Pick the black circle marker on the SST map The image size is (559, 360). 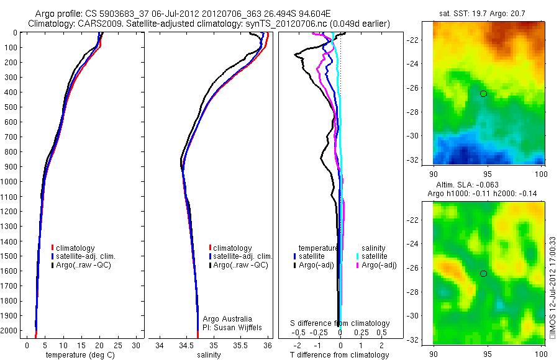[x=483, y=93]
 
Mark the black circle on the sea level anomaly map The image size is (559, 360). [x=483, y=273]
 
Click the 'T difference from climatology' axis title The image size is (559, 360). [x=339, y=355]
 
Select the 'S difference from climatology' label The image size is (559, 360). [x=340, y=323]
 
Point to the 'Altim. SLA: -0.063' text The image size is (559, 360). [x=488, y=185]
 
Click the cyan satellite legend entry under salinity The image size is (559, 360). [x=374, y=256]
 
